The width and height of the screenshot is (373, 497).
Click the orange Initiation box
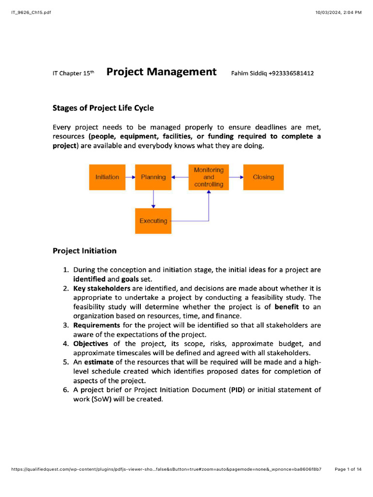(x=107, y=177)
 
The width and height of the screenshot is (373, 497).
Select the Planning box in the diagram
(x=153, y=177)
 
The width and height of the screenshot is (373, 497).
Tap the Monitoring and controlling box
(x=208, y=177)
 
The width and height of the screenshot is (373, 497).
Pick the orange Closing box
(x=263, y=177)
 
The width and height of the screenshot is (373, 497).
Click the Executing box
(x=153, y=221)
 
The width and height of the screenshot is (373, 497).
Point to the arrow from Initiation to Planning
(x=130, y=177)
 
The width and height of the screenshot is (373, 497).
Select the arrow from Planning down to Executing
(x=153, y=199)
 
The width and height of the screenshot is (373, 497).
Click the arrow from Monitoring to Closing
(x=236, y=177)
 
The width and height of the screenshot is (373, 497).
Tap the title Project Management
(x=161, y=72)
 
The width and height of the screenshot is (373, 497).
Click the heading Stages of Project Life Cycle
(x=103, y=108)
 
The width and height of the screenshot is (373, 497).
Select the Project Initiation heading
(x=85, y=251)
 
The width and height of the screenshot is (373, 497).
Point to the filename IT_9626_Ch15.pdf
(x=31, y=12)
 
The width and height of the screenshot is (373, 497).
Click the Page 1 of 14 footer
(x=348, y=469)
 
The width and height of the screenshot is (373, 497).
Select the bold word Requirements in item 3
(x=97, y=325)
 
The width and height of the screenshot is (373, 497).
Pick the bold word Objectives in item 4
(x=91, y=344)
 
